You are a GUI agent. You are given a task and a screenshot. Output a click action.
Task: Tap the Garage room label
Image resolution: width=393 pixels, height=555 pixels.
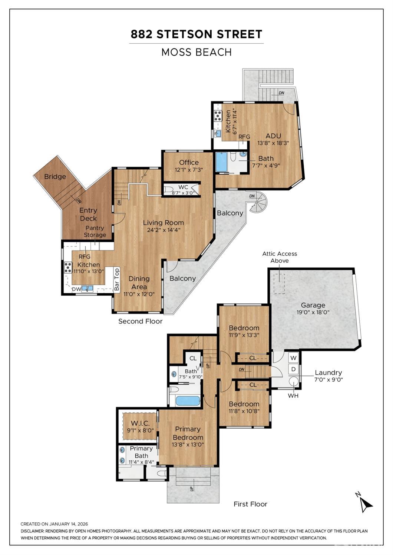[x=313, y=305]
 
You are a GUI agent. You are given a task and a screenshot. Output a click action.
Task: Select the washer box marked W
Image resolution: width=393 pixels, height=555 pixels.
[x=293, y=358]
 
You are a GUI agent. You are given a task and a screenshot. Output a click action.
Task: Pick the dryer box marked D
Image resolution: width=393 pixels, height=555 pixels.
[x=293, y=369]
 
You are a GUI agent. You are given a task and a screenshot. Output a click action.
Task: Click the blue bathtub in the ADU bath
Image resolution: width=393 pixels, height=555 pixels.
[x=221, y=162]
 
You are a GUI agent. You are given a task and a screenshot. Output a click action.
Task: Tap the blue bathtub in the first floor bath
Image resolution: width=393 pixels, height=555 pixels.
[x=187, y=401]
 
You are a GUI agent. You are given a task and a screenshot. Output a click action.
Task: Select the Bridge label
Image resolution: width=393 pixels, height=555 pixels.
[x=55, y=177]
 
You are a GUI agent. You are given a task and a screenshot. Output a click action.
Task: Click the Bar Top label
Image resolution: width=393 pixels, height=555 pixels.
[x=117, y=279]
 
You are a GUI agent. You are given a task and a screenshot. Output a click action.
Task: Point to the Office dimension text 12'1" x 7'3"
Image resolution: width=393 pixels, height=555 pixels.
[x=189, y=170]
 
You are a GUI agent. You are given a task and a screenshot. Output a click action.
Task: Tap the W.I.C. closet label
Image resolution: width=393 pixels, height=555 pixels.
[x=140, y=423]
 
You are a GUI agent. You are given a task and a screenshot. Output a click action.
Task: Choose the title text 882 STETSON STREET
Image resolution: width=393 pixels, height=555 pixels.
[x=196, y=34]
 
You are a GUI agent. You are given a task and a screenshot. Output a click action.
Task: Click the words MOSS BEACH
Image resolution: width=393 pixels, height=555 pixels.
[x=196, y=52]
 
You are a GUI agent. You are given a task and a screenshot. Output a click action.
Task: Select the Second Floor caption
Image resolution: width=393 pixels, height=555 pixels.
[x=140, y=321]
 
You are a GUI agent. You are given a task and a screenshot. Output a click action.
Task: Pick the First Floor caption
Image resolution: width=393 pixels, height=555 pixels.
[x=250, y=504]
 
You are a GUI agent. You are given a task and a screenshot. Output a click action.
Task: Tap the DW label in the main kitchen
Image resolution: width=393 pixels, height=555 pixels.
[x=76, y=289]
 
